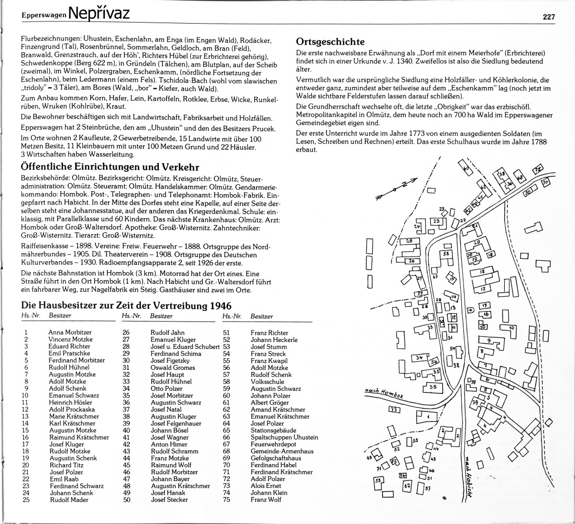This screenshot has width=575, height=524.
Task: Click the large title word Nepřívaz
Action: tap(99, 13)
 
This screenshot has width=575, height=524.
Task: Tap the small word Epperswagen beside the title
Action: tap(44, 16)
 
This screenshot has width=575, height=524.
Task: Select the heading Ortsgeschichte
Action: tap(330, 41)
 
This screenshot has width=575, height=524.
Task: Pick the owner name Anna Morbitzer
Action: tap(70, 332)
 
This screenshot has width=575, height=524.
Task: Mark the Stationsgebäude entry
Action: tap(273, 430)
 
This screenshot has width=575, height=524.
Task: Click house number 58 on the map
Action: tap(446, 254)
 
